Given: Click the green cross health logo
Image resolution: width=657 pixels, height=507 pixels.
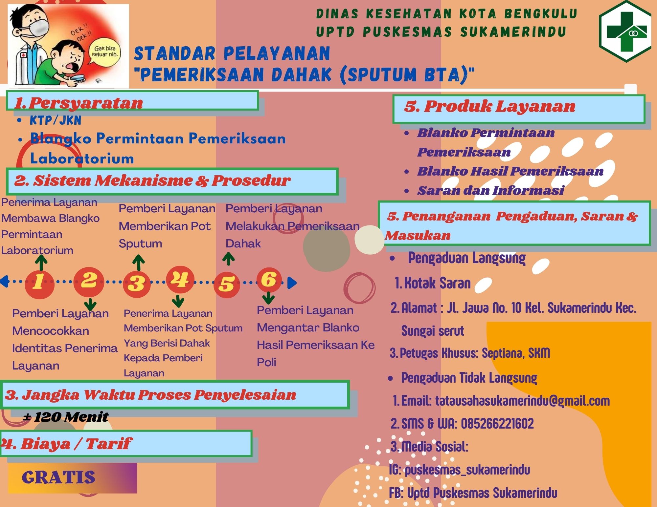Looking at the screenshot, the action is [625, 32].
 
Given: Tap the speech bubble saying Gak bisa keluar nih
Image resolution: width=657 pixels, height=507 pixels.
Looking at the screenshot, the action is [104, 52].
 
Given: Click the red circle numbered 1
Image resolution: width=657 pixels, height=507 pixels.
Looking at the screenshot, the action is [39, 284].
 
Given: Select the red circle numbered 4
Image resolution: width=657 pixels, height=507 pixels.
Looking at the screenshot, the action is [180, 280].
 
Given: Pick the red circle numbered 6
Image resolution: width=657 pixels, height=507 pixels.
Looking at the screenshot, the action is [269, 280].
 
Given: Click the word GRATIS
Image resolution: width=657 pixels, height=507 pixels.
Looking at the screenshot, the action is [58, 477].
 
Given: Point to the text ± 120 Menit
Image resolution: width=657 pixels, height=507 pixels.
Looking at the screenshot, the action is [66, 417].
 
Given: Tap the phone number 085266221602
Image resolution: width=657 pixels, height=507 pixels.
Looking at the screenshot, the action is [497, 424].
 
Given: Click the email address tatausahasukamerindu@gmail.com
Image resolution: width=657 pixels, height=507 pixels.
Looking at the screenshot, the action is [522, 401].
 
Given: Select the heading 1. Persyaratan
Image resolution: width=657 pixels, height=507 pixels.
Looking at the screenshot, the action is [79, 103].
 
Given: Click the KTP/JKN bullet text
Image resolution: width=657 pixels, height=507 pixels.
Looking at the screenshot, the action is [56, 120].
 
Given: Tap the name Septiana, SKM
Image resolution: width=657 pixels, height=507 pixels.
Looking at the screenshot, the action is [516, 353].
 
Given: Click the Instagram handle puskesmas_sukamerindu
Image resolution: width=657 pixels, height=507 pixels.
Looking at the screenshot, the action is [467, 470].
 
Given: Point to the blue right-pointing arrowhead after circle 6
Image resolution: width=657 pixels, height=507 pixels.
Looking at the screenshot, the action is [292, 283].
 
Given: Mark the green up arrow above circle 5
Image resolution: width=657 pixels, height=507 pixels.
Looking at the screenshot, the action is [228, 259].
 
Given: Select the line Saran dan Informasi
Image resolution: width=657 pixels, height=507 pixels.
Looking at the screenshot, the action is [491, 191].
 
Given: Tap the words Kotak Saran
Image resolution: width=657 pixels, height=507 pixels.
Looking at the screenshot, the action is [437, 283].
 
